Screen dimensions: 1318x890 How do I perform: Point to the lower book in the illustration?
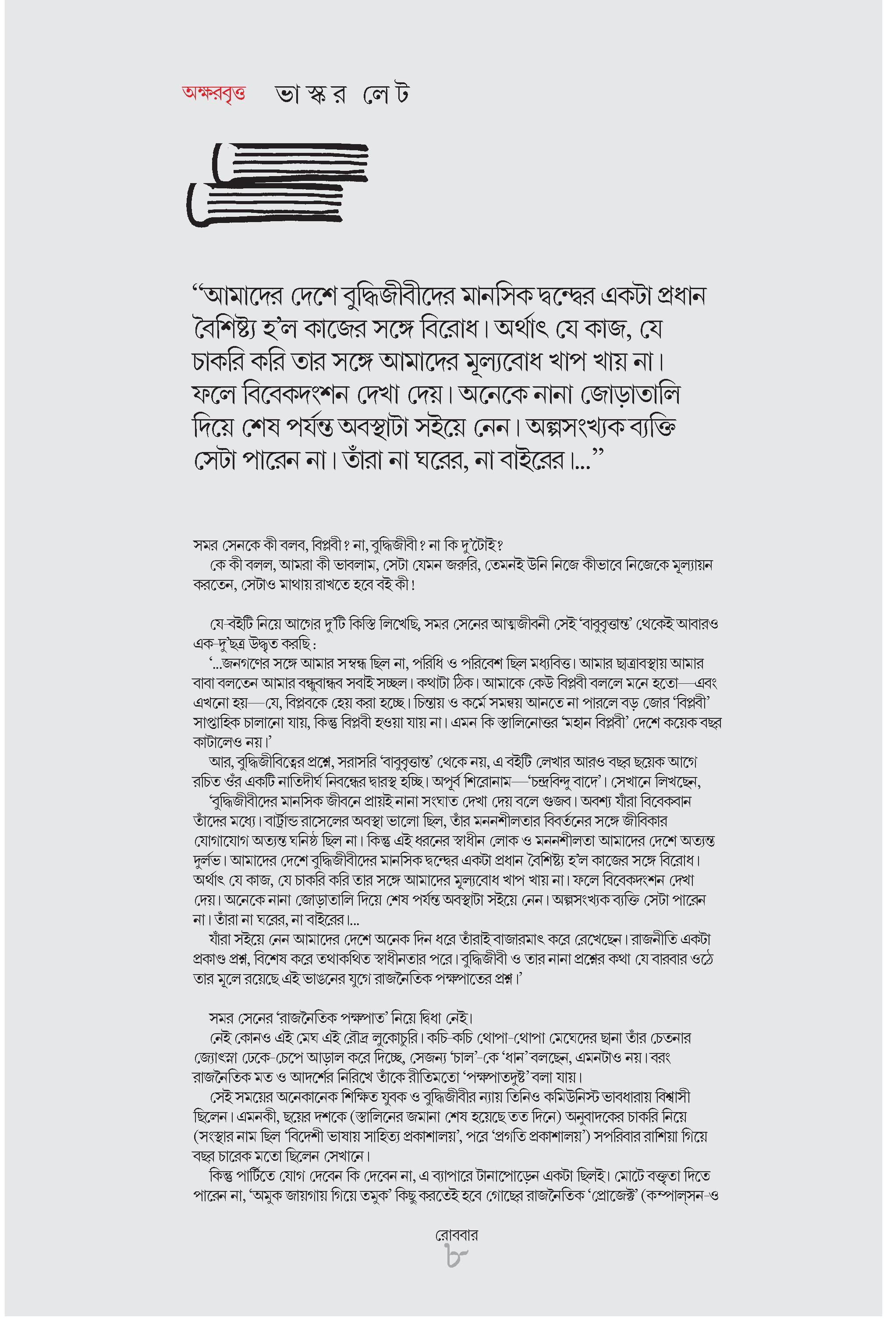(x=266, y=203)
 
